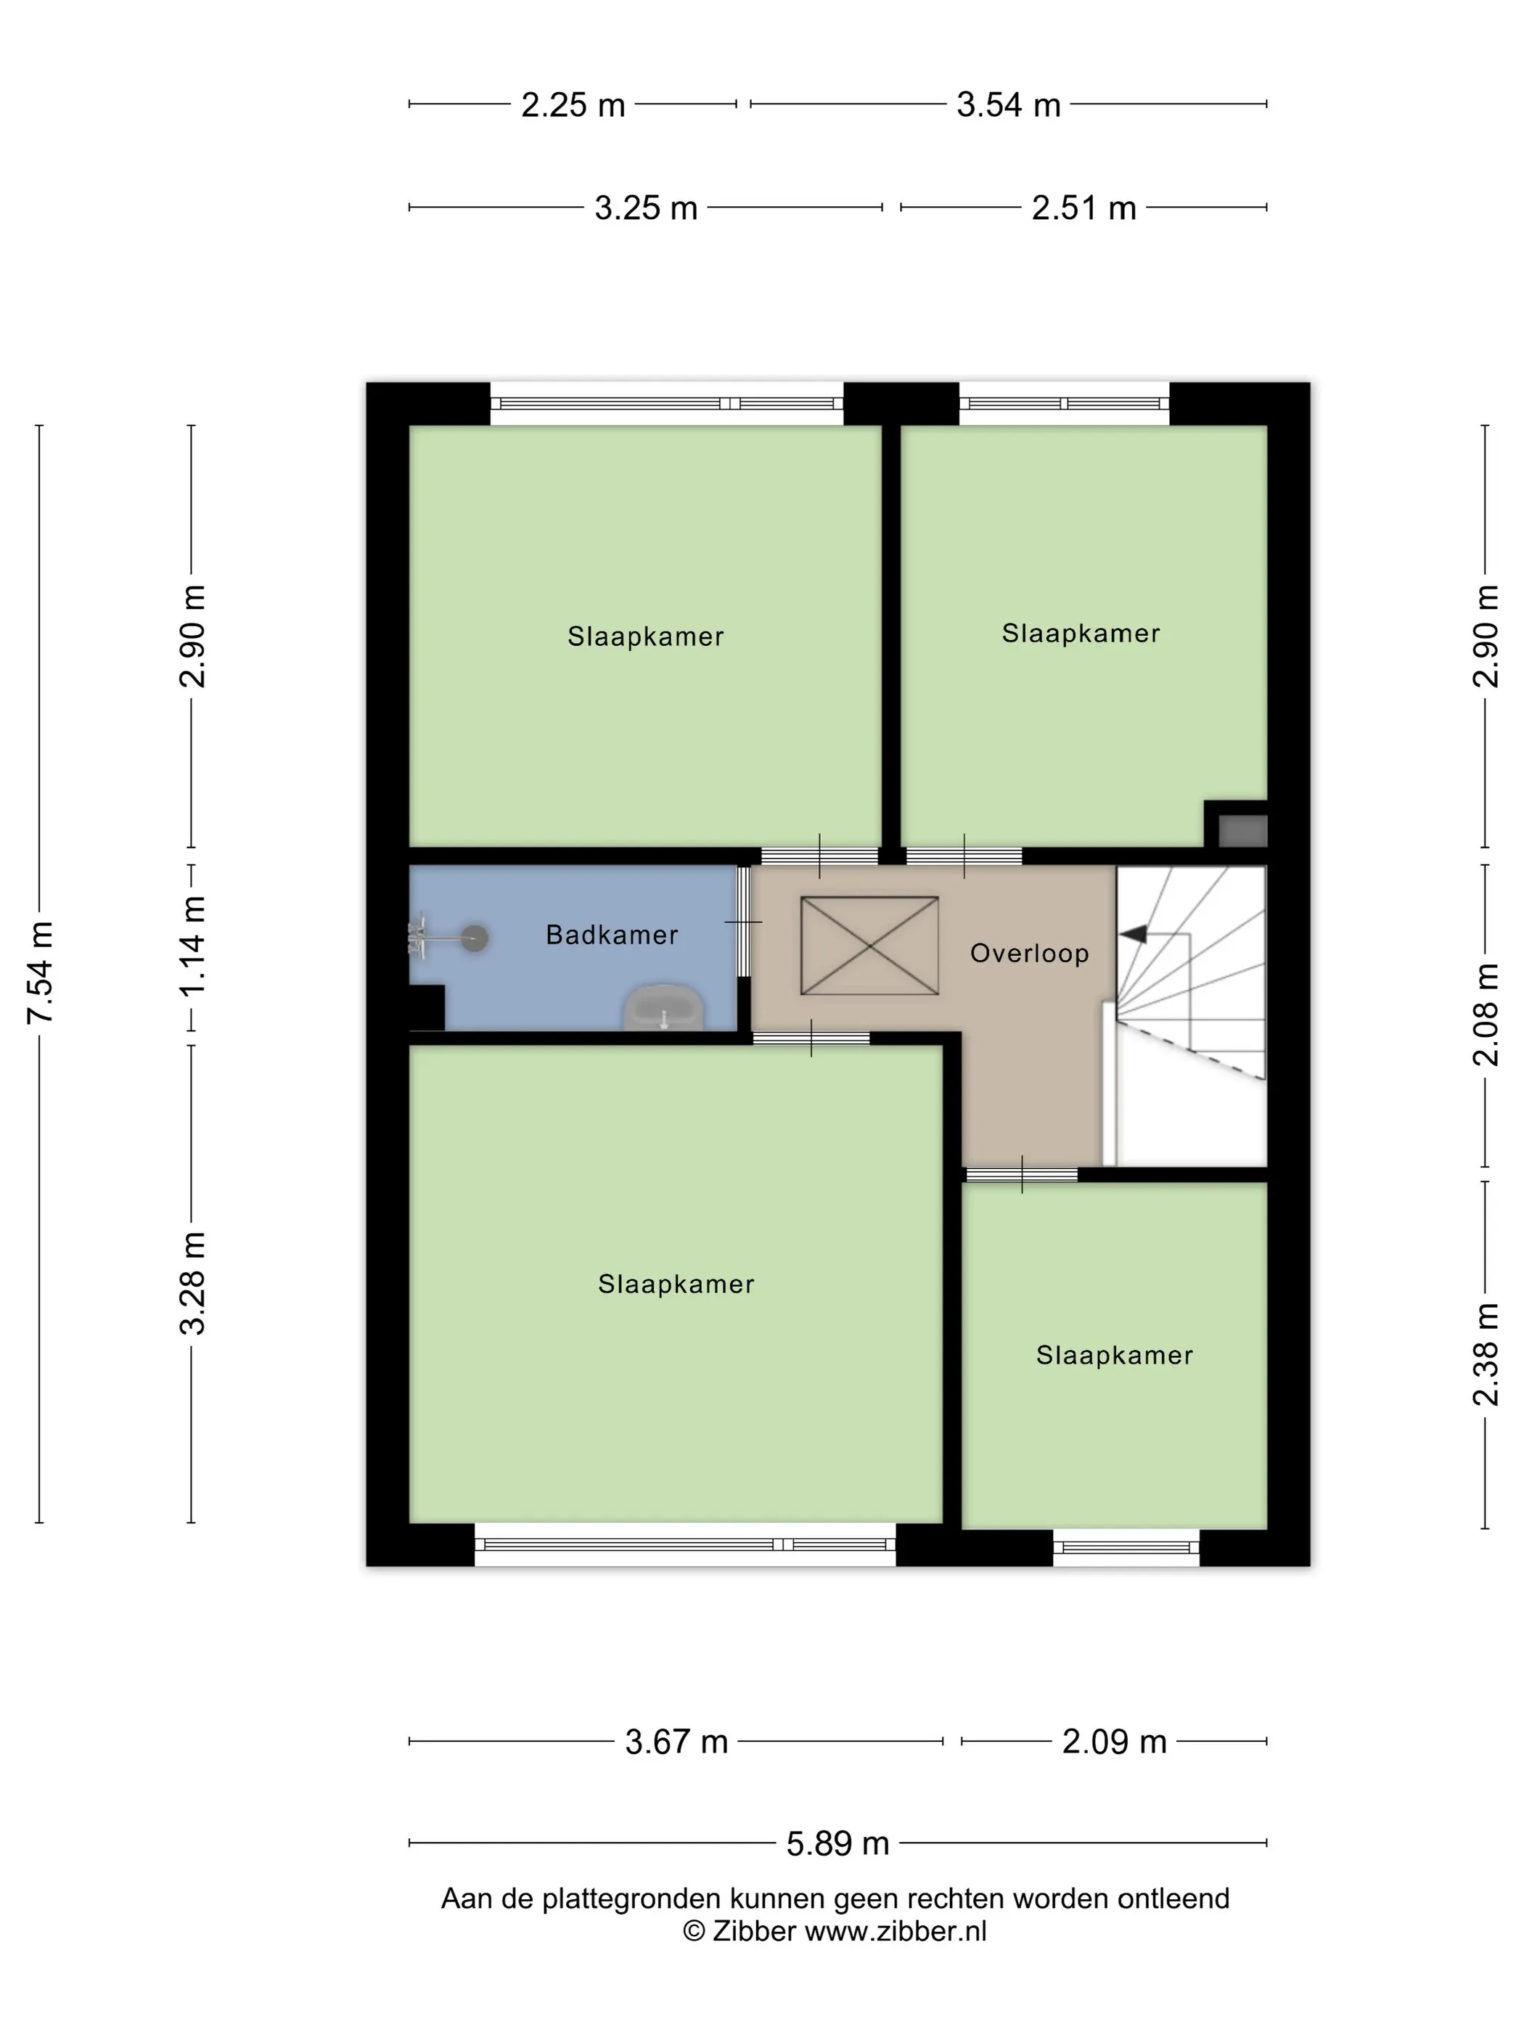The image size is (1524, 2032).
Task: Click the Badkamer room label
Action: (x=612, y=935)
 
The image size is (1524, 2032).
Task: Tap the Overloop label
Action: (x=1030, y=954)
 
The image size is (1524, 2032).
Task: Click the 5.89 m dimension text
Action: (x=837, y=1844)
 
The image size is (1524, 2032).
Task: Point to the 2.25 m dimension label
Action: (x=573, y=105)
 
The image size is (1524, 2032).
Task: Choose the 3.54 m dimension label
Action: (x=1009, y=105)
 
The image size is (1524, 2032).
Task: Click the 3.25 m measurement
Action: (x=646, y=208)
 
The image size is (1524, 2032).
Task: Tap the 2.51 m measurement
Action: (x=1084, y=208)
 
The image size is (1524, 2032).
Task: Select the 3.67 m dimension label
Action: (x=677, y=1742)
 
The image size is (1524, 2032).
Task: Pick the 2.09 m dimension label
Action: (x=1114, y=1742)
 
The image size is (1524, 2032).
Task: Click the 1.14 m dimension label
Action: (x=193, y=947)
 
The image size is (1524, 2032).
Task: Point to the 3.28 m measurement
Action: (x=193, y=1282)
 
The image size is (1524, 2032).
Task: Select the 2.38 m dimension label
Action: (x=1486, y=1354)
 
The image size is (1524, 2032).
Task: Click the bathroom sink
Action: (x=663, y=1009)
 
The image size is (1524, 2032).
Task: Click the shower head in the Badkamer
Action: (x=474, y=938)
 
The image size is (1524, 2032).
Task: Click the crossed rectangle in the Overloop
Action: (x=869, y=946)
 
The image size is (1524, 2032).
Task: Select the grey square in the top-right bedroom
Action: (x=1243, y=830)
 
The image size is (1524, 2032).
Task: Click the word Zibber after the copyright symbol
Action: (x=753, y=1931)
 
